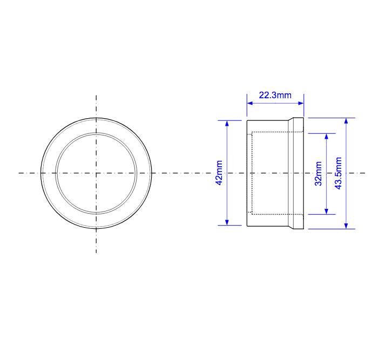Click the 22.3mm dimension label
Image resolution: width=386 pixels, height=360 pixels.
275,95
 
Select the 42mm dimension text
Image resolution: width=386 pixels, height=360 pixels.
219,173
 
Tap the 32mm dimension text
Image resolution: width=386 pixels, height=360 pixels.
319,173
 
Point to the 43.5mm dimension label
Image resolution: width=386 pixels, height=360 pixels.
338,173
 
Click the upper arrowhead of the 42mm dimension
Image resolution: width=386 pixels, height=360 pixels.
227,123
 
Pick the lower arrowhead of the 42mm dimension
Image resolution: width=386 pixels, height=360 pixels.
227,222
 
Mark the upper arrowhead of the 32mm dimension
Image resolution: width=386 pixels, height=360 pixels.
326,137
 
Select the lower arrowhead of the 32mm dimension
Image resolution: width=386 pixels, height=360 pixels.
326,210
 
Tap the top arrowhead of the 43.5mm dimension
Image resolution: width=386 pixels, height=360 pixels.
346,121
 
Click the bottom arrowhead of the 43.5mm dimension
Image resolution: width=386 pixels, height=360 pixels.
346,225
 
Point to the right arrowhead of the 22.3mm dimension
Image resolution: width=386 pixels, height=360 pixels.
301,103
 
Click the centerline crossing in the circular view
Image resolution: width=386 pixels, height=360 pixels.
96,173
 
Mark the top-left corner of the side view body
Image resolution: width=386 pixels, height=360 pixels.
247,120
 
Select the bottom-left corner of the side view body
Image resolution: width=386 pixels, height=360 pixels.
247,226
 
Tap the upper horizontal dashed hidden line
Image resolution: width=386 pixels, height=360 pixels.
270,132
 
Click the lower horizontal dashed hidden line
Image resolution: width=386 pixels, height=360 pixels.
270,214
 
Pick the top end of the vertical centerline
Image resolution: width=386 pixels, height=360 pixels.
96,96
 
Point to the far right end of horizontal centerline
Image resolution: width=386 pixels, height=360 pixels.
365,173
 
